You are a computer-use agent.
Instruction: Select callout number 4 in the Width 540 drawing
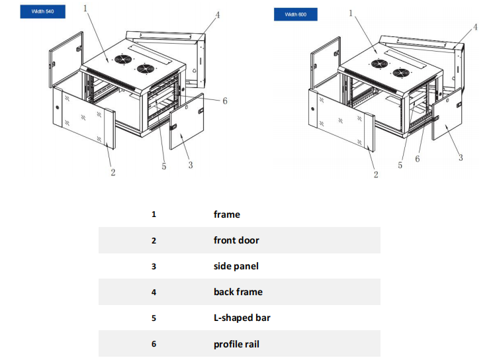coord(218,15)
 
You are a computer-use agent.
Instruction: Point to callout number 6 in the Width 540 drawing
coord(225,101)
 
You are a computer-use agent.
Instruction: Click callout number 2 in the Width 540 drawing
coord(113,172)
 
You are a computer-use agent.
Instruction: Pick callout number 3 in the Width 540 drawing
coord(191,165)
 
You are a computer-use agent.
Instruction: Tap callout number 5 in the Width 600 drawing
coord(400,165)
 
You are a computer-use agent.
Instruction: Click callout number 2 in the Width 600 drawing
coord(376,175)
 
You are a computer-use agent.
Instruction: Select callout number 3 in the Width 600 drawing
coord(461,157)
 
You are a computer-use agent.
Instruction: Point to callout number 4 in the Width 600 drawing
coord(475,27)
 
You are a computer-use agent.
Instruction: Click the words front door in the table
coord(236,240)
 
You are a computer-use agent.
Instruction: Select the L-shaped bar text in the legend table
coord(242,318)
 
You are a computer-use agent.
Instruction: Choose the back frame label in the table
coord(238,292)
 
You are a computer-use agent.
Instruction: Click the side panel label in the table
coord(236,266)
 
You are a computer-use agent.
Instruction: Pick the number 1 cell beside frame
coord(154,214)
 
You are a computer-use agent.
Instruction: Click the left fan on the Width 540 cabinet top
coord(122,59)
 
